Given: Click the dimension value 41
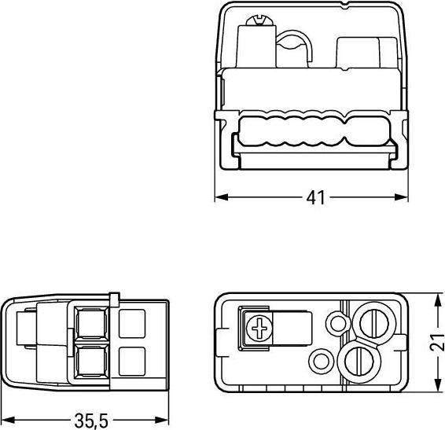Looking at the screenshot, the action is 315,197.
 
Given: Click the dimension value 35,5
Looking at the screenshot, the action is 91,421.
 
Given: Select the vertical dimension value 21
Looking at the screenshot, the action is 437,342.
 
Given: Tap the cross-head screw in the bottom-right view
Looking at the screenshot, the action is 259,329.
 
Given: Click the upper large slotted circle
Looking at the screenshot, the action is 373,323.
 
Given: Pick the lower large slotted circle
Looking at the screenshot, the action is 359,362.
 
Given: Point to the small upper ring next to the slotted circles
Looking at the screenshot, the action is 337,323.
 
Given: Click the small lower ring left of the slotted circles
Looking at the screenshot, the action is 321,362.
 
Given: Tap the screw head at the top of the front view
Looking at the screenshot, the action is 260,21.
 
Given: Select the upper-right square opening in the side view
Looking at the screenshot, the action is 132,324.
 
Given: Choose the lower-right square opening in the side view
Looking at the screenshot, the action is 132,362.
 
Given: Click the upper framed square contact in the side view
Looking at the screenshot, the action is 91,323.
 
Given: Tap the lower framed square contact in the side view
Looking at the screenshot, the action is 91,362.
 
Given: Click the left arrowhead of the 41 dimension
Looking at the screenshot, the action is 222,197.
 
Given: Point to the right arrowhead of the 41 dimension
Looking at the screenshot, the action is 401,197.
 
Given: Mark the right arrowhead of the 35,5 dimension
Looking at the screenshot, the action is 162,420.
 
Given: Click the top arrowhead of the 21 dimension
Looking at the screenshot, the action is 439,300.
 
